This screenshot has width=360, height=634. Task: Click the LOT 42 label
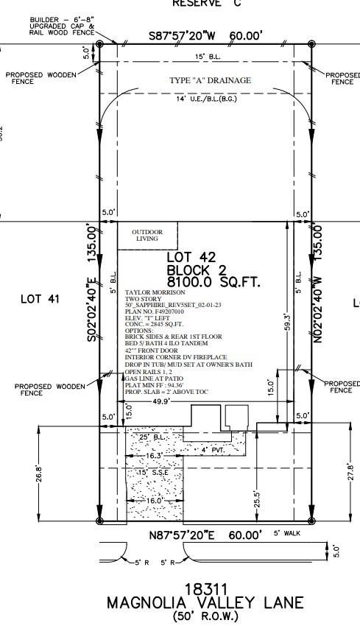tap(191, 257)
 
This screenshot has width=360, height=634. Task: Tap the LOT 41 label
tap(40, 299)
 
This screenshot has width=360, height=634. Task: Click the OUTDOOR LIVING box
tap(147, 236)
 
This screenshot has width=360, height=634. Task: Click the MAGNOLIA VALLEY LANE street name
tap(205, 603)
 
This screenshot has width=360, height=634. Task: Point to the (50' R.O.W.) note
tap(205, 616)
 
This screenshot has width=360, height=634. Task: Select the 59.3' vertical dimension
tap(286, 322)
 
